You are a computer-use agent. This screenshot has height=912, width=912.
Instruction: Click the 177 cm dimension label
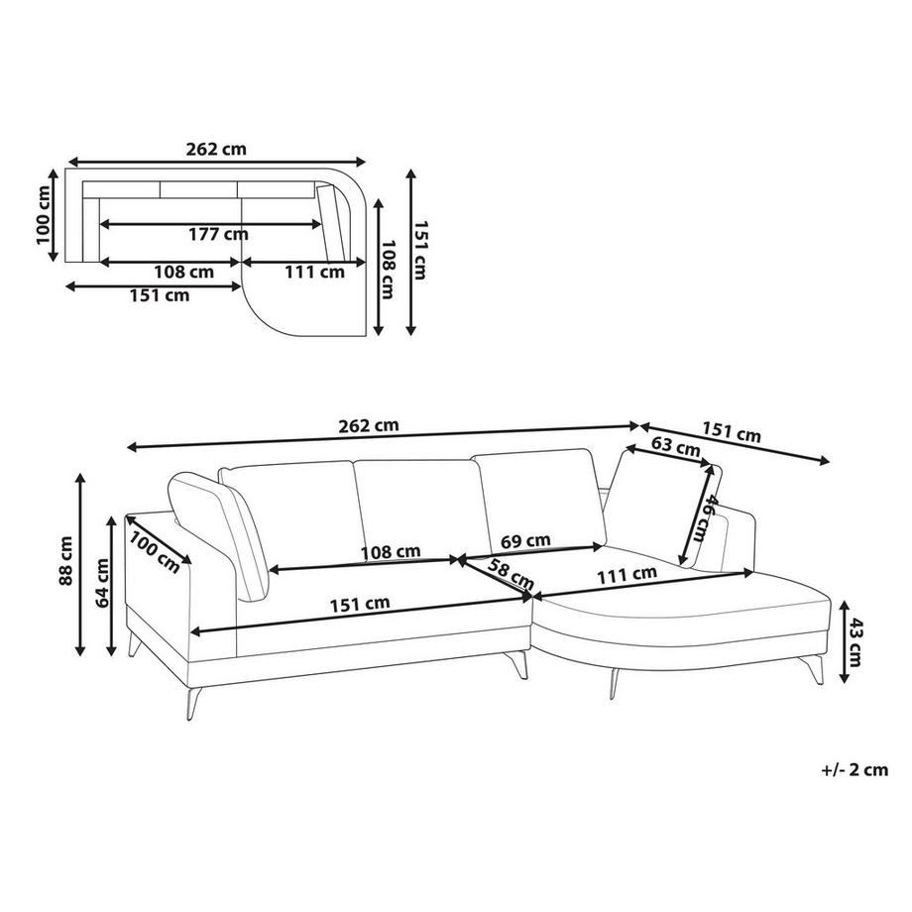218,234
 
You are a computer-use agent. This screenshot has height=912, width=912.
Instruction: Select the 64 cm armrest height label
102,583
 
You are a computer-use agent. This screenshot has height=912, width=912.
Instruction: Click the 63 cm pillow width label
675,446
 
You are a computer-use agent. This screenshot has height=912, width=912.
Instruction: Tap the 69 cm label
525,541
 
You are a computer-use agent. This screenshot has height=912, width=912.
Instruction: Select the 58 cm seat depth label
510,574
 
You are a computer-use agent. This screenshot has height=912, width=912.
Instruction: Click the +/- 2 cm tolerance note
855,770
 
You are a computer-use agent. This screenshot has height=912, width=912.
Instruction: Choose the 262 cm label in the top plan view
216,150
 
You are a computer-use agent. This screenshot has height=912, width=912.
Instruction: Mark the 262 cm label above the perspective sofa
369,425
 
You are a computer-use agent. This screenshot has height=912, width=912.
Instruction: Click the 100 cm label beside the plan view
44,215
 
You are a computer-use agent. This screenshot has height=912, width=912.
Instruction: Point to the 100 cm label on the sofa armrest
154,552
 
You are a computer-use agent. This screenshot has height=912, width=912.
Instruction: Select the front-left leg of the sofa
193,704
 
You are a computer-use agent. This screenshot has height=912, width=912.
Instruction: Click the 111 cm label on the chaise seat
627,575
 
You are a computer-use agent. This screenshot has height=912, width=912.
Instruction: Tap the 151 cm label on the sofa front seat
360,605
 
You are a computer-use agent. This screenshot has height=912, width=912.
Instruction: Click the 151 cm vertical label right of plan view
420,250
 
